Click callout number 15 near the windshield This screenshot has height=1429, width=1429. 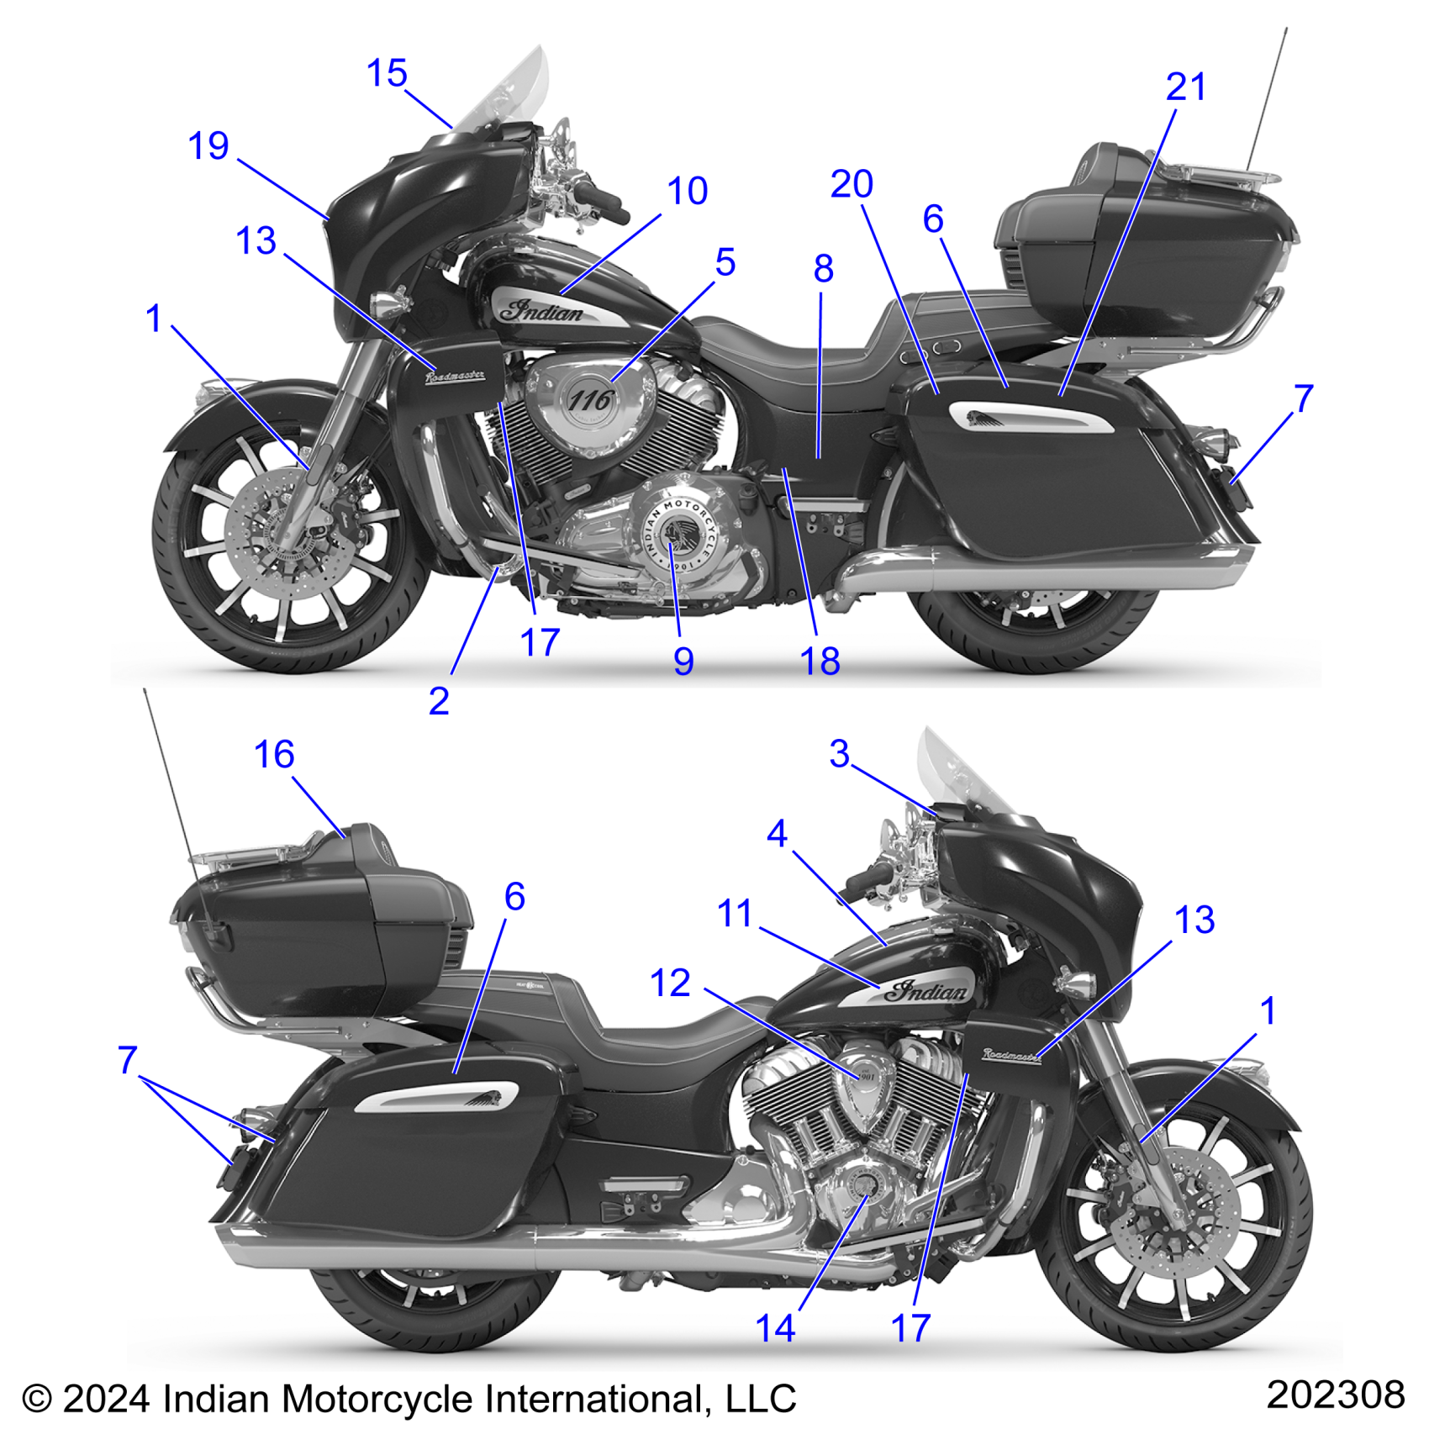(387, 74)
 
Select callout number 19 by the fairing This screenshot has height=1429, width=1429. (208, 146)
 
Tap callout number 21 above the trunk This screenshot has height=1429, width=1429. (1185, 87)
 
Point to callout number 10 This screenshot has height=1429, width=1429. (687, 192)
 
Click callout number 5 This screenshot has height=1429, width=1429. (725, 263)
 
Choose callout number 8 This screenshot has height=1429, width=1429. (823, 269)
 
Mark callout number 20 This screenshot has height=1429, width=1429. (852, 185)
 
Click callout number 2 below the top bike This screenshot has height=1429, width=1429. (439, 701)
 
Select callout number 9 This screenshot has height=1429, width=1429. (683, 662)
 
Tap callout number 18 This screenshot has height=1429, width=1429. (820, 662)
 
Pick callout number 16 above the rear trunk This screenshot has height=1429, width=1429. (274, 755)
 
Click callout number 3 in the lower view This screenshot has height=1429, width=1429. (839, 754)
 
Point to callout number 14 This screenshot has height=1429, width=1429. (775, 1328)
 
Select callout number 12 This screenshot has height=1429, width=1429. (670, 983)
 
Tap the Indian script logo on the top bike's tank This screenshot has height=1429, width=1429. (542, 311)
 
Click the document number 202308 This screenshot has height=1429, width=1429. (1335, 1395)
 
